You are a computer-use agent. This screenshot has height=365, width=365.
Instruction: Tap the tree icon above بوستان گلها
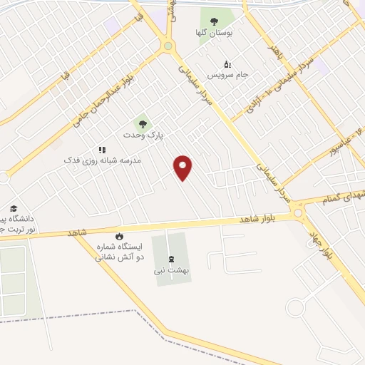point(214,21)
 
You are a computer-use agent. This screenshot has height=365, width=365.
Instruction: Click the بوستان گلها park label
point(213,33)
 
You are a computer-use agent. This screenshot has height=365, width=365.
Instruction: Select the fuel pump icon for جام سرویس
point(227,63)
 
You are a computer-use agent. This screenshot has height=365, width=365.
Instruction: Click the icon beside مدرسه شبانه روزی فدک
point(102,150)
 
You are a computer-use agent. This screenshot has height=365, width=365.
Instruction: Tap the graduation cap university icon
point(14,208)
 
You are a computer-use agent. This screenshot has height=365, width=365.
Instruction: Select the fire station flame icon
point(119,236)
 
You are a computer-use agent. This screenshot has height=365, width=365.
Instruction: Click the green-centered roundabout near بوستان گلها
point(168,46)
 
